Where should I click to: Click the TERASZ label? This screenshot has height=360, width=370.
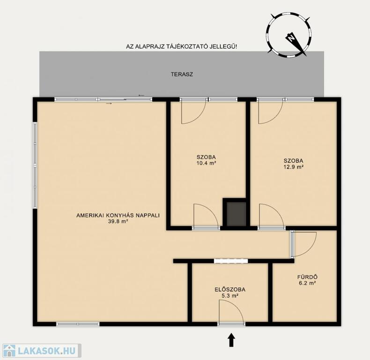click(182, 75)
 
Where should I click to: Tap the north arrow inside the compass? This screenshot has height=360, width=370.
click(296, 44)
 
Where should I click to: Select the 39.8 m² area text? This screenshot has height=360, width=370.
click(118, 221)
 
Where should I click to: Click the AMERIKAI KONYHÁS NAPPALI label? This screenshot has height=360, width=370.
click(118, 216)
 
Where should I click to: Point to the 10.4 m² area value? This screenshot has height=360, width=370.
click(206, 163)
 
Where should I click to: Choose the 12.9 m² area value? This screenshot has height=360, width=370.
click(293, 167)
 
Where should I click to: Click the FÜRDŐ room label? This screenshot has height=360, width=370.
click(307, 277)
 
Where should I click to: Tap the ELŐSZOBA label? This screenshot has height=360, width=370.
click(230, 289)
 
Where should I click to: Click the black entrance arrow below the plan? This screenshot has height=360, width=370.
click(231, 340)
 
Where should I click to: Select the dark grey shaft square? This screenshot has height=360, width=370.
click(236, 214)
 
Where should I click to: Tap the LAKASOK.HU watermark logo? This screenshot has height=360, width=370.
click(41, 351)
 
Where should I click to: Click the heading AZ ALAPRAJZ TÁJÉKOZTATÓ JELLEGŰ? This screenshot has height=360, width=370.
click(181, 46)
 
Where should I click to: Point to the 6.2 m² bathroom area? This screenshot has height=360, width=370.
click(307, 283)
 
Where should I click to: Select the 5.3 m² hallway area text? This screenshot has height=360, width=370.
click(230, 295)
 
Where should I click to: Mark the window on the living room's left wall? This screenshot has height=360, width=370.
click(35, 165)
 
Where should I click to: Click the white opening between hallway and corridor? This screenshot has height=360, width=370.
click(231, 261)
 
